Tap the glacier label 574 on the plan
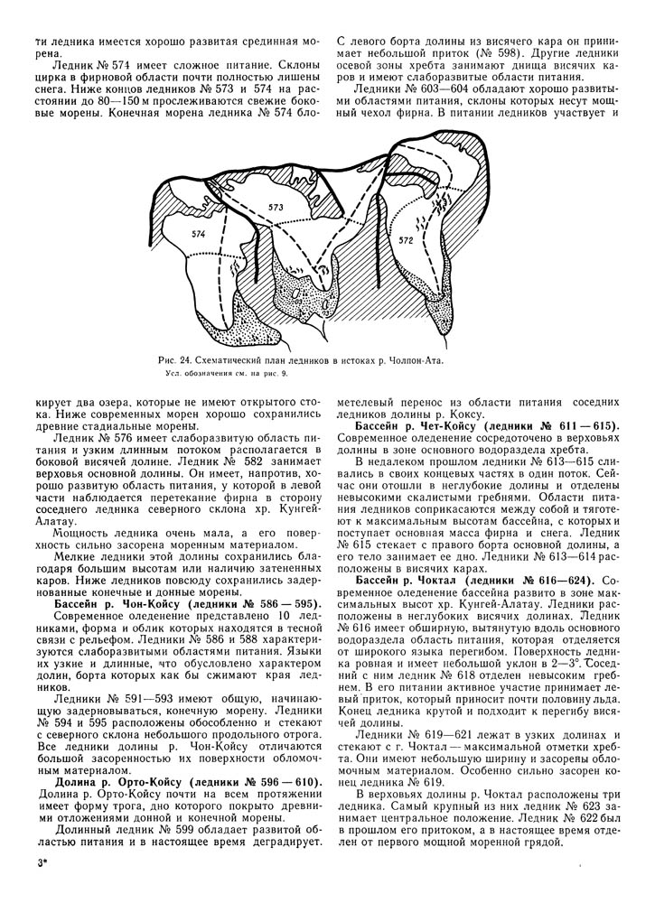(x=199, y=234)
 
